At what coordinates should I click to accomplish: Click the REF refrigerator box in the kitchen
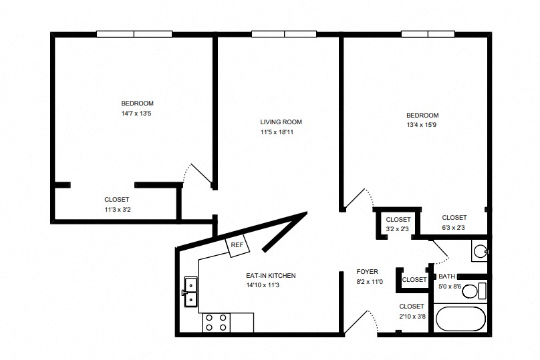(x=237, y=245)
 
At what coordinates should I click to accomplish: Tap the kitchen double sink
(x=190, y=291)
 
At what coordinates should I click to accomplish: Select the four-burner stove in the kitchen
(x=217, y=323)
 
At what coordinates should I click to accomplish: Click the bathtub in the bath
(x=460, y=319)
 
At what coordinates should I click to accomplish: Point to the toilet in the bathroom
(x=474, y=291)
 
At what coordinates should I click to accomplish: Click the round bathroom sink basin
(x=480, y=251)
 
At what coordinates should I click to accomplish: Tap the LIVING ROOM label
(x=281, y=122)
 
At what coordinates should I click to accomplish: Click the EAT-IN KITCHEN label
(x=271, y=276)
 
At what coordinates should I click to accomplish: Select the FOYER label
(x=367, y=272)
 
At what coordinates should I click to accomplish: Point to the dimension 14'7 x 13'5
(x=136, y=114)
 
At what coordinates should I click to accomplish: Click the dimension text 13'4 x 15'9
(x=422, y=125)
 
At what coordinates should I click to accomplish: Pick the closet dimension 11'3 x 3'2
(x=118, y=209)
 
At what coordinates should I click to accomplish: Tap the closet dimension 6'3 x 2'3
(x=454, y=228)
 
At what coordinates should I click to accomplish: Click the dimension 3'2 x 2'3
(x=398, y=229)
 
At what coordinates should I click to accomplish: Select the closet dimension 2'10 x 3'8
(x=412, y=317)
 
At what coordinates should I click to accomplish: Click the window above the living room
(x=284, y=34)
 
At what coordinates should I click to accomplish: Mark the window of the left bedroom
(x=134, y=34)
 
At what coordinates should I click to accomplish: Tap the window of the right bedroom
(x=428, y=34)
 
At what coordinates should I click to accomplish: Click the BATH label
(x=446, y=277)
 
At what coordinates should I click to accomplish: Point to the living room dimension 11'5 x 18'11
(x=277, y=132)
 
